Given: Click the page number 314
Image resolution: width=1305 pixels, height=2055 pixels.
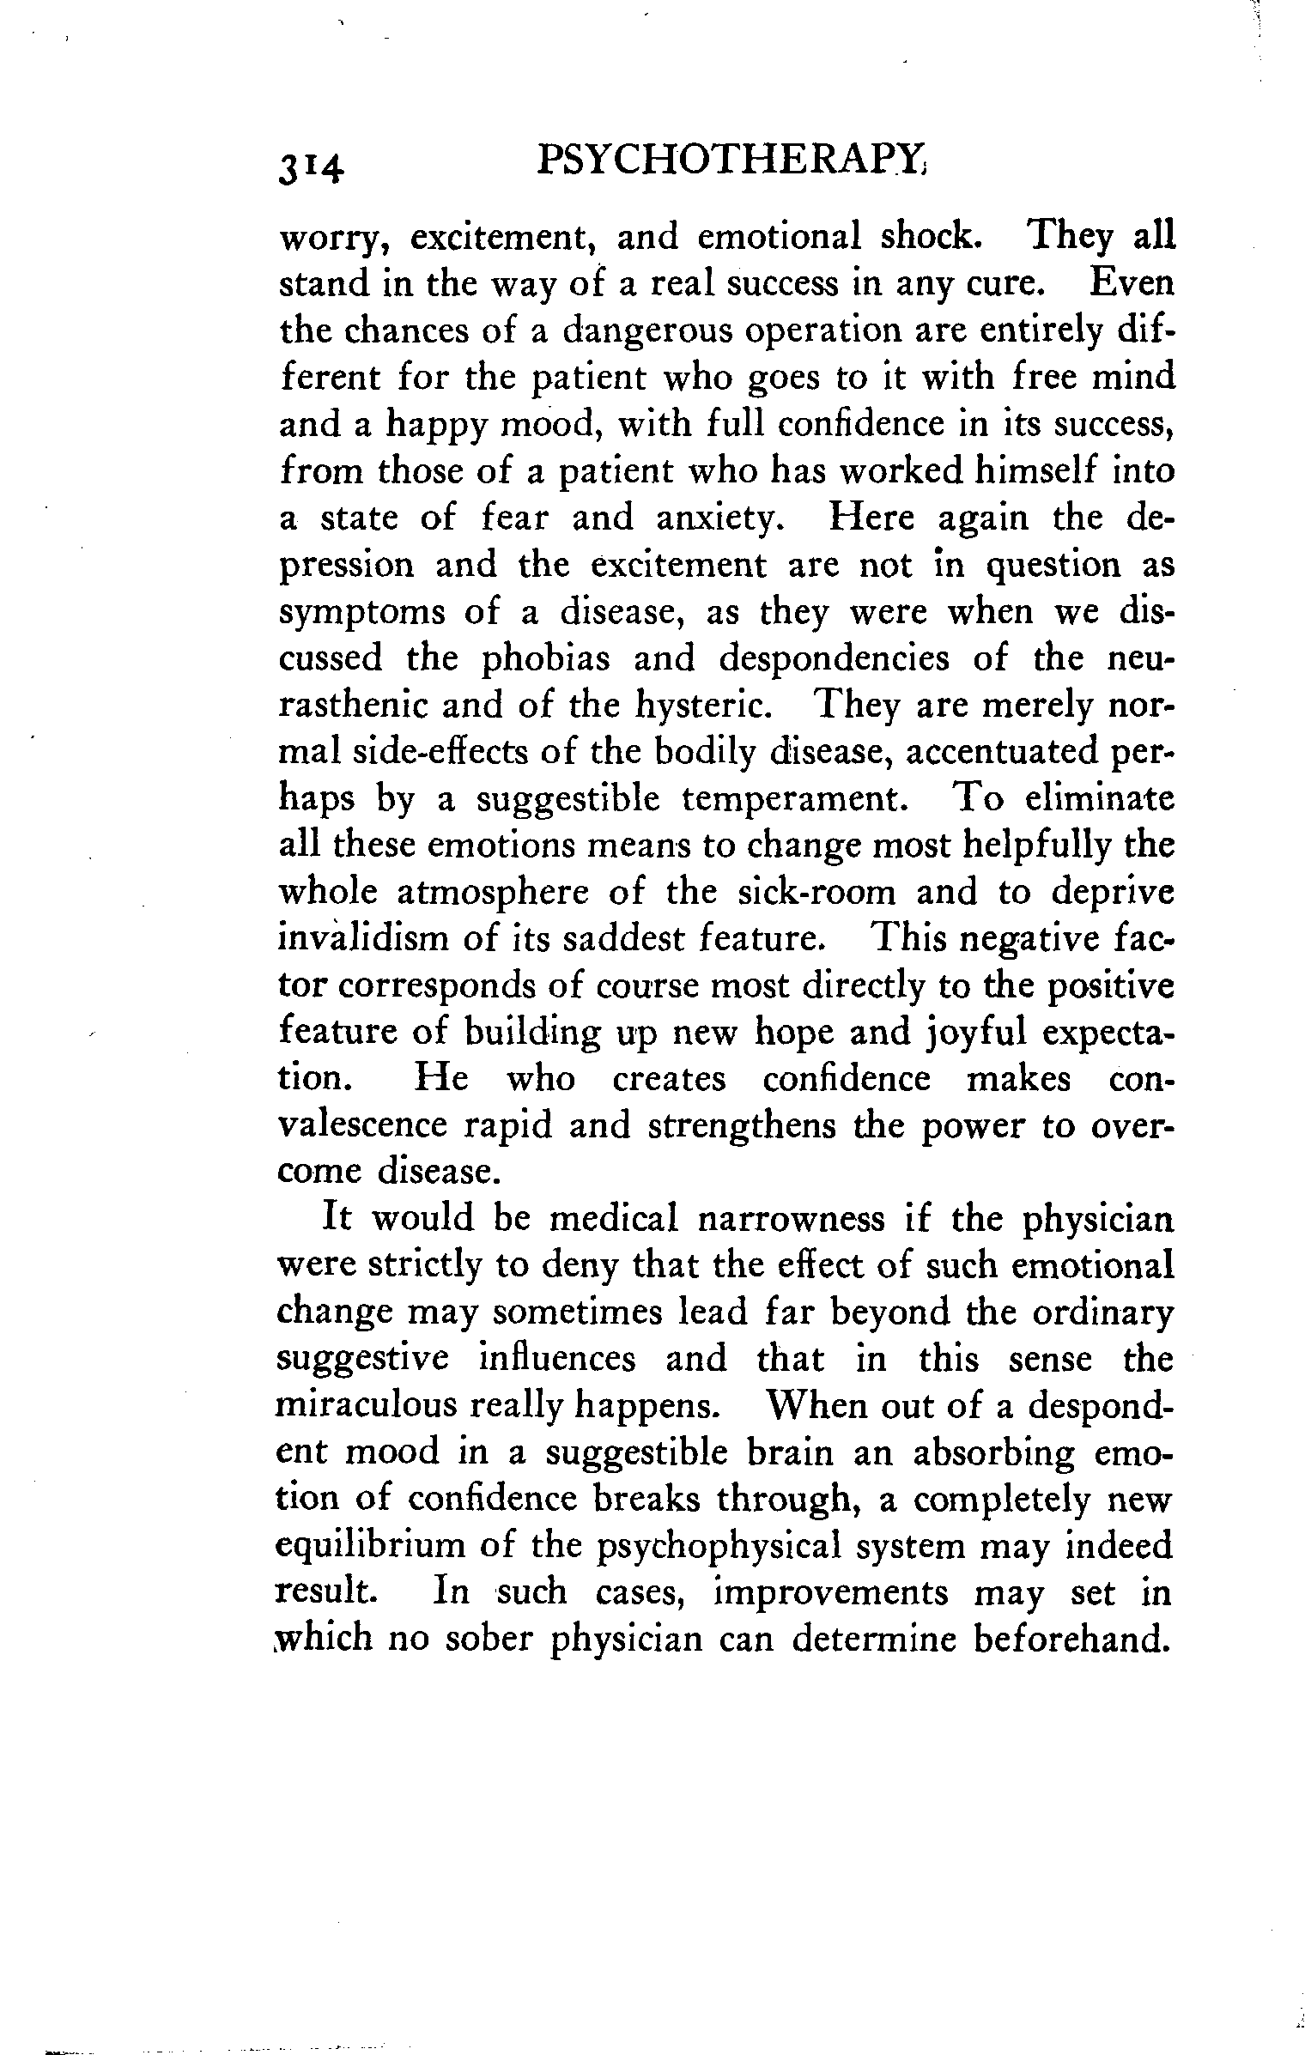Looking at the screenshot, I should (x=311, y=165).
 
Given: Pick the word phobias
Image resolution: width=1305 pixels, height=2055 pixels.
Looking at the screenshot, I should (x=545, y=659).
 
